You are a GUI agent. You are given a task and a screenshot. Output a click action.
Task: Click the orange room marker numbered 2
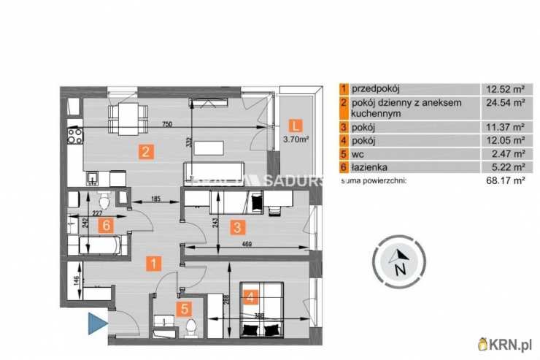(x=146, y=153)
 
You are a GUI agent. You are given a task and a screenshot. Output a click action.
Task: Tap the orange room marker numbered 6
(x=107, y=225)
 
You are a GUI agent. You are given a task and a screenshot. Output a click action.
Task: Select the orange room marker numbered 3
(x=236, y=226)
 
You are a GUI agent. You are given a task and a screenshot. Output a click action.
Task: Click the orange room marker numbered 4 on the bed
(x=251, y=297)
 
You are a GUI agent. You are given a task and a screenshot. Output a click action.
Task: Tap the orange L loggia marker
(x=296, y=124)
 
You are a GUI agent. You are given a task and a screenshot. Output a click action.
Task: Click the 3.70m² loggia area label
(x=296, y=139)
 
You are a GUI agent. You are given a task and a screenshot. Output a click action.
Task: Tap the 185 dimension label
(x=155, y=199)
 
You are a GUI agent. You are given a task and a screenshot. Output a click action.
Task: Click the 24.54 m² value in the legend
(x=506, y=103)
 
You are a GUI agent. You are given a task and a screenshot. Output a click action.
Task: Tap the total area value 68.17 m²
(x=506, y=179)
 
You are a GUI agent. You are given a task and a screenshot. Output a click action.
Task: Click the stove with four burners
(x=74, y=134)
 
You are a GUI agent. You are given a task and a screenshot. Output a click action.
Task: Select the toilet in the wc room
(x=191, y=326)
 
